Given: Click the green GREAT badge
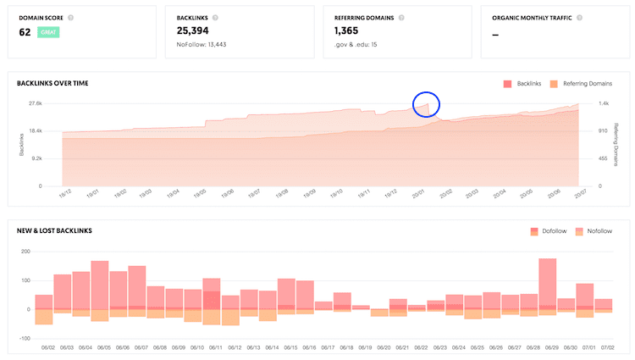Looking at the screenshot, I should click(47, 32).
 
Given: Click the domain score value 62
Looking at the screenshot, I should click(25, 32).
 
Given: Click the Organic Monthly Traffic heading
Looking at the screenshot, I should click(536, 17).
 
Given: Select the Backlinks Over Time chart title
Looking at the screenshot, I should click(52, 83).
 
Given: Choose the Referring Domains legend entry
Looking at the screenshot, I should click(581, 84).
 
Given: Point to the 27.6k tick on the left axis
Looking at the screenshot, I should click(35, 103).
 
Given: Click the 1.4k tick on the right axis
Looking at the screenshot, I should click(605, 103).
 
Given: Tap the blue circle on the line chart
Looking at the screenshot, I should click(427, 104).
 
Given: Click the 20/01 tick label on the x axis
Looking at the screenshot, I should click(417, 193).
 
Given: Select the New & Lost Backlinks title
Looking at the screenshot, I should click(54, 230).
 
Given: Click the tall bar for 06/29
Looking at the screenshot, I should click(548, 284).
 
